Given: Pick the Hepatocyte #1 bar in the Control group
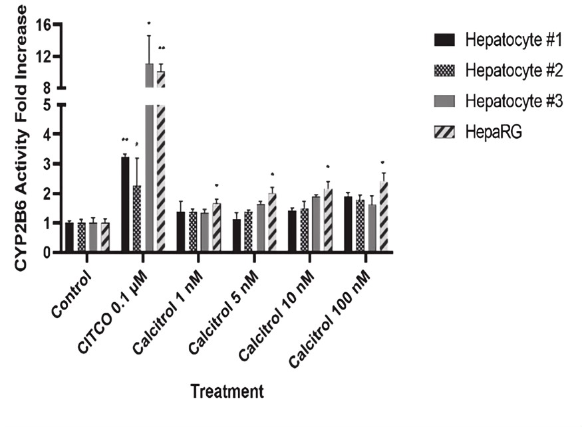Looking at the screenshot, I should [x=70, y=238].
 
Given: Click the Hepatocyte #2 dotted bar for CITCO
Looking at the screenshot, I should [x=137, y=219].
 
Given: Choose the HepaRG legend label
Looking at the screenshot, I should [x=492, y=133].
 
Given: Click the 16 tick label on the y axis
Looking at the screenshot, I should [x=44, y=26].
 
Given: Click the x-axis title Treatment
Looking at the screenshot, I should [x=227, y=391].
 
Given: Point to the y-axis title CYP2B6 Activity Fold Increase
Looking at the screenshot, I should [x=21, y=136].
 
